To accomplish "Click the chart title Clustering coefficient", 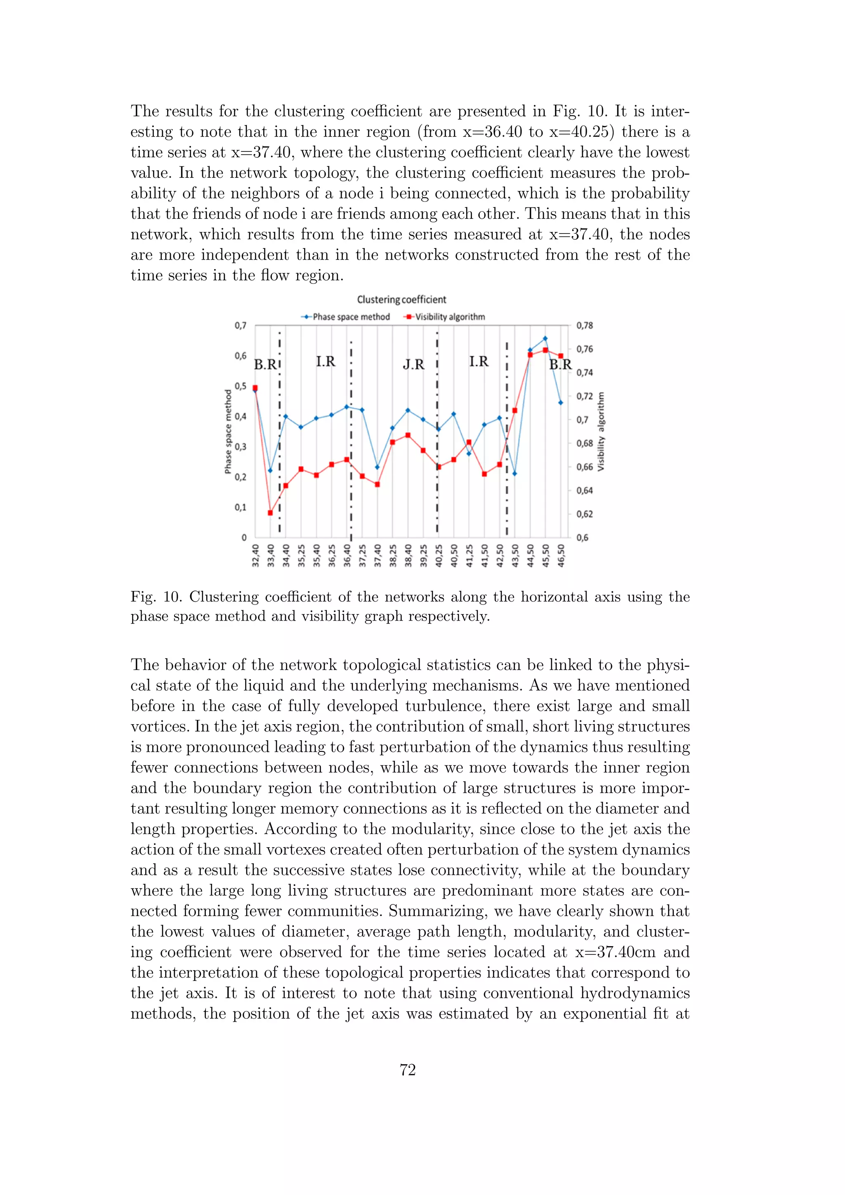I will (x=401, y=300).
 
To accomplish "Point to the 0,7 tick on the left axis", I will (x=240, y=326).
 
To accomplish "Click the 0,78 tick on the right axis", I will (x=584, y=326).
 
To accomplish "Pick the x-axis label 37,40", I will (x=378, y=556).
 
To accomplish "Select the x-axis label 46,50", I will (x=561, y=556).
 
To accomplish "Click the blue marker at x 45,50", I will (x=545, y=339).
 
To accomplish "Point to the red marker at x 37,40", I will (x=377, y=484).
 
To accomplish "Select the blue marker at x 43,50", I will (x=515, y=474).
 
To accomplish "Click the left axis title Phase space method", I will (x=228, y=432).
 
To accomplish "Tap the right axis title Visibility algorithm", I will (x=601, y=432).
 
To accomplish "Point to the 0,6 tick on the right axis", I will (x=582, y=538).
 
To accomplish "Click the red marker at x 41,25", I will (x=469, y=443).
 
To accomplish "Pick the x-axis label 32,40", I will (x=255, y=556).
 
